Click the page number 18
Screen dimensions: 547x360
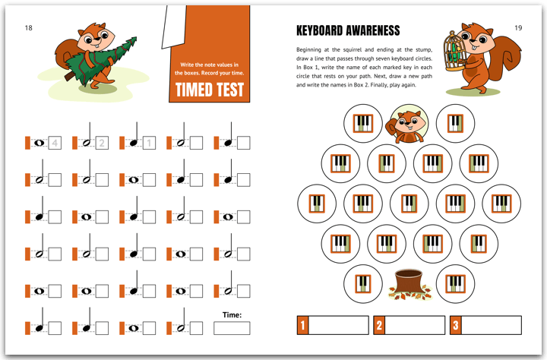click(29, 28)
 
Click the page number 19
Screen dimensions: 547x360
click(518, 28)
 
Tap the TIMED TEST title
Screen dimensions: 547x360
click(210, 90)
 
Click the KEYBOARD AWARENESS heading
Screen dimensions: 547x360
click(348, 30)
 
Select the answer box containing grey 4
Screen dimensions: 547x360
click(55, 143)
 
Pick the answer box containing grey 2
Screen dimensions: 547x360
click(102, 143)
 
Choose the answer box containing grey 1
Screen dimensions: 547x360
click(149, 143)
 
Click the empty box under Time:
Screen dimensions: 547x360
click(232, 328)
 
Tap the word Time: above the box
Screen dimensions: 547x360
click(232, 315)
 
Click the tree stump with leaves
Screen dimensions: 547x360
click(409, 284)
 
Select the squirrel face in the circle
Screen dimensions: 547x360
click(408, 124)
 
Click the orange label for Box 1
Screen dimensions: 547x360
click(302, 325)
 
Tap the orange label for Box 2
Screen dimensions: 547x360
click(379, 325)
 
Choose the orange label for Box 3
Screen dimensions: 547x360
click(456, 325)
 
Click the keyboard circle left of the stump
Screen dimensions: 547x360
click(363, 284)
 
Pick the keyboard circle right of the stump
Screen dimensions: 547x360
click(455, 284)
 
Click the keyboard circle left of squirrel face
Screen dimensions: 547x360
click(363, 124)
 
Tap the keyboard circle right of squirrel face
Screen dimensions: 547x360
click(455, 124)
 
